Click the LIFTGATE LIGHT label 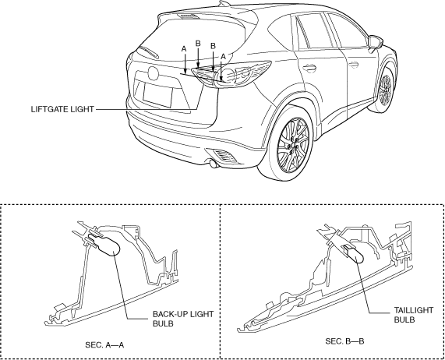tap(62, 109)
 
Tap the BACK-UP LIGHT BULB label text tap(183, 319)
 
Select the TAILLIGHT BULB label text tap(414, 315)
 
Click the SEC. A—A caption tap(104, 345)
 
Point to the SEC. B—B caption tap(344, 341)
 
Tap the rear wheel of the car tap(292, 145)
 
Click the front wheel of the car tap(386, 86)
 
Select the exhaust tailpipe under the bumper tap(213, 164)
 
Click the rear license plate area tap(157, 95)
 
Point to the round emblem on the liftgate tap(153, 73)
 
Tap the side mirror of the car tap(375, 42)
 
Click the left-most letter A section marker tap(184, 49)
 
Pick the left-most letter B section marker tap(198, 44)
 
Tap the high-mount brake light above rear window tap(188, 16)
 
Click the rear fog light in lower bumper tap(224, 156)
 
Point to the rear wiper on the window tap(148, 51)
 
